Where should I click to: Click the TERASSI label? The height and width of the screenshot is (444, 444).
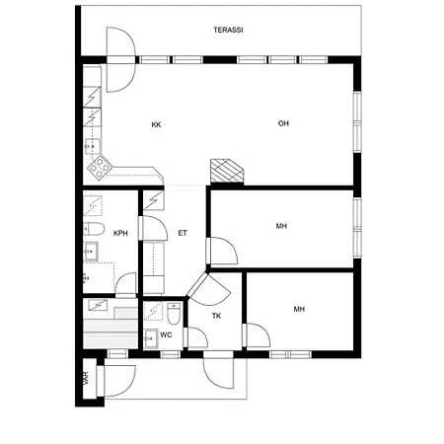[x=228, y=30]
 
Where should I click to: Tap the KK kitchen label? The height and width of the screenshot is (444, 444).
[x=156, y=125]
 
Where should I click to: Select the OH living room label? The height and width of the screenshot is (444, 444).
[x=283, y=123]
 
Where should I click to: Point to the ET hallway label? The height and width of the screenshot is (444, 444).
[x=183, y=233]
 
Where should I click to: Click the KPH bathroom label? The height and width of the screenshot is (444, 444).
[x=120, y=234]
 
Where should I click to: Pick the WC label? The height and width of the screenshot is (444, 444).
[x=166, y=334]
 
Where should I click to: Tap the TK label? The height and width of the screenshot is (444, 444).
[x=216, y=316]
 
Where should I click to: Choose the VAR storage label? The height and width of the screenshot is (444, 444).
[x=86, y=378]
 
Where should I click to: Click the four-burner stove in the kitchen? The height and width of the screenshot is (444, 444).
[x=100, y=168]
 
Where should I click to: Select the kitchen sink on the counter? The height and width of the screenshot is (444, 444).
[x=93, y=146]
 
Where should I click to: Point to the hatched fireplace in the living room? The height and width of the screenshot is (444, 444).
[x=227, y=171]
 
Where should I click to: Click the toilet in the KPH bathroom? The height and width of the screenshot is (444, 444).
[x=94, y=229]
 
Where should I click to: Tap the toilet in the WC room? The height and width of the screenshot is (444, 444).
[x=174, y=314]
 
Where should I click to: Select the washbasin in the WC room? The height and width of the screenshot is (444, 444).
[x=151, y=338]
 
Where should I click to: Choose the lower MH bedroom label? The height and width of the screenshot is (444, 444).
[x=299, y=309]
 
